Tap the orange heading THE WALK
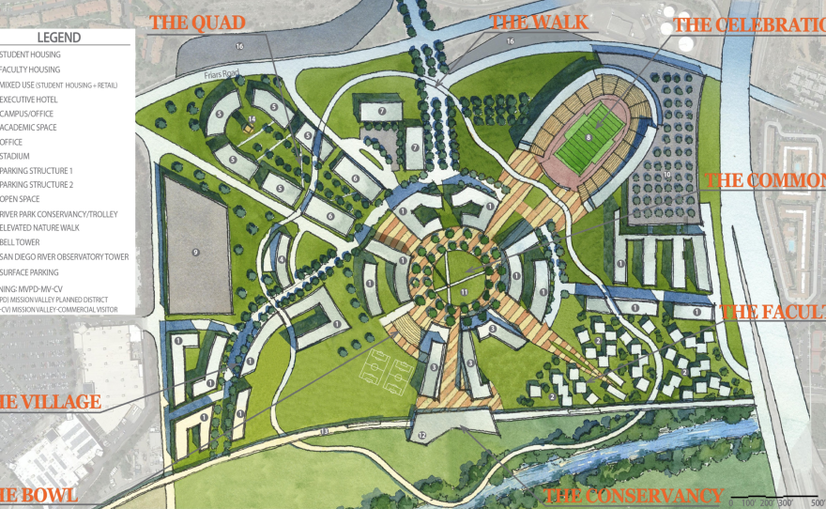point(539,23)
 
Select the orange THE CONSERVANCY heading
point(635,496)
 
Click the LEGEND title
point(58,39)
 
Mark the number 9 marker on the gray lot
point(196,252)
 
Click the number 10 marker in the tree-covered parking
point(667,174)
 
